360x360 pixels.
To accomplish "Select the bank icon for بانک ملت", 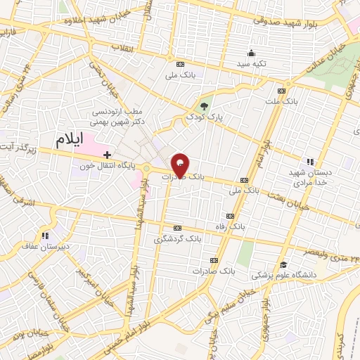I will pos(282,91).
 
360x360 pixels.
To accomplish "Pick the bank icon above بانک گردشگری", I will pos(176,228).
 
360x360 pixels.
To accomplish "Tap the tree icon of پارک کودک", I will pos(205,106).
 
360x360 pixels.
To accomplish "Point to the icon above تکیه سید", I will pos(251,53).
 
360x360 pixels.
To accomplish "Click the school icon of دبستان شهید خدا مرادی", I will pos(310,161).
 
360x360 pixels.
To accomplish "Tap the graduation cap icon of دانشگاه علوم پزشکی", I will pos(283,264).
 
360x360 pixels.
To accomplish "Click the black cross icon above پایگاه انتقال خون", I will pos(107,154).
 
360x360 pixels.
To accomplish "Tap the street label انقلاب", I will pos(124,48).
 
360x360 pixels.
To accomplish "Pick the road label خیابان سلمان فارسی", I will pos(50,294).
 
